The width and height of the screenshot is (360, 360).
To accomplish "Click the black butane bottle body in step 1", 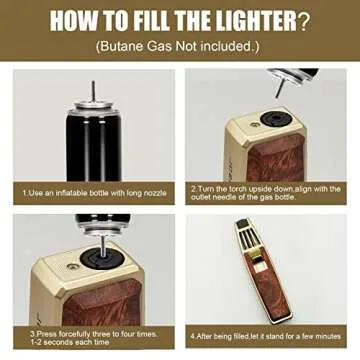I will [x=91, y=145].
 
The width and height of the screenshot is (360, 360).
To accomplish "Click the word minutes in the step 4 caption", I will [x=326, y=335].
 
